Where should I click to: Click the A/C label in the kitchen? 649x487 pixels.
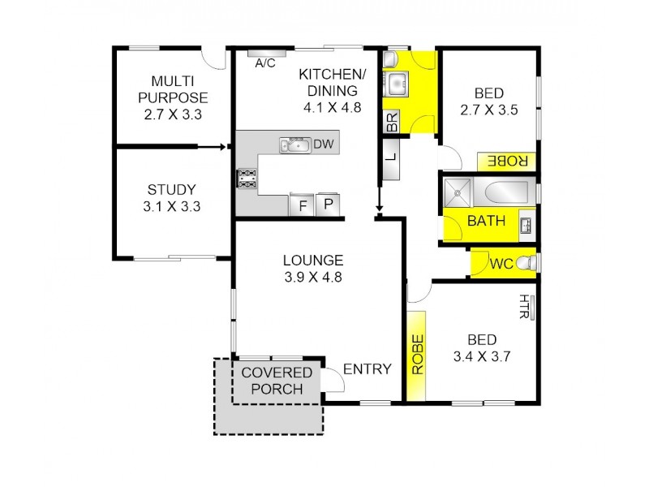[264, 62]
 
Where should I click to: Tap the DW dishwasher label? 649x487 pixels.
[324, 144]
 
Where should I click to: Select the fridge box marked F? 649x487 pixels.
[303, 205]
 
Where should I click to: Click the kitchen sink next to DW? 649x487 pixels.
[294, 145]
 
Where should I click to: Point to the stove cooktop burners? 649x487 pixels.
[247, 179]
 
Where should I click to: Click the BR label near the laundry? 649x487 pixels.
[391, 122]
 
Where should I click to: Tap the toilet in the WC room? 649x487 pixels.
[527, 263]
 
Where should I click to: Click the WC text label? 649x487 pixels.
[501, 264]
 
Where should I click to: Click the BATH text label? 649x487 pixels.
[487, 221]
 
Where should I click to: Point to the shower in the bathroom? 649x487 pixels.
[459, 194]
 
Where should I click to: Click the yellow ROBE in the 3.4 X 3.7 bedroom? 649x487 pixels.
[418, 355]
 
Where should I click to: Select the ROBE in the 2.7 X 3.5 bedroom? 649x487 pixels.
[507, 161]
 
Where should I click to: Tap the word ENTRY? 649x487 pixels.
[367, 369]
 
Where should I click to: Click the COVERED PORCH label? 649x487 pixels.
[277, 381]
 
